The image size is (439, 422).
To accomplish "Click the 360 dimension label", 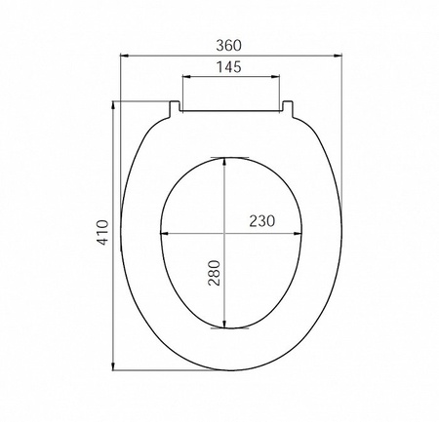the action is click(229, 46).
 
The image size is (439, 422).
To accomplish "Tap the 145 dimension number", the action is click(229, 67).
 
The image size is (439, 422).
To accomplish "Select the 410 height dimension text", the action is click(102, 232).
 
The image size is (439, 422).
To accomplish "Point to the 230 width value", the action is click(262, 221).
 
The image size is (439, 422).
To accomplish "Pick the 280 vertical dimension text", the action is click(214, 273).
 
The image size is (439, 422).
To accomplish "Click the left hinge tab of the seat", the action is click(174, 109).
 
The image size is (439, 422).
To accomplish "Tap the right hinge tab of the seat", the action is click(288, 109).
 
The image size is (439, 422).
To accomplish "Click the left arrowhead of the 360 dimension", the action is click(125, 56).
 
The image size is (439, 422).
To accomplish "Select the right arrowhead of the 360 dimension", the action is click(338, 56).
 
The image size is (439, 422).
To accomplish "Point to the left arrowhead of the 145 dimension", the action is click(186, 77).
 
